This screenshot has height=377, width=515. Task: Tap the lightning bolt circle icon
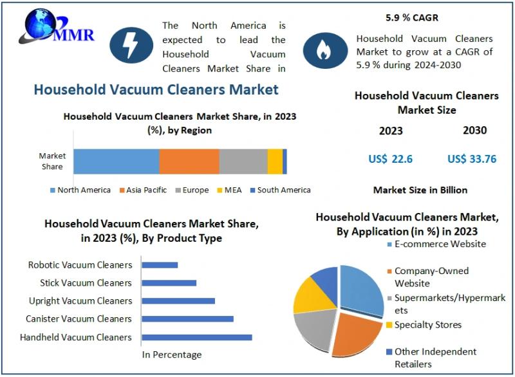[131, 44]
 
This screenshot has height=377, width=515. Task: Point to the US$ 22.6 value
[390, 159]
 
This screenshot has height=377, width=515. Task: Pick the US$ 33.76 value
[472, 159]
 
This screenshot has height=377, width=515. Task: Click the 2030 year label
[474, 131]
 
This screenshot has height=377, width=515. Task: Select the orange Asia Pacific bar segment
[189, 161]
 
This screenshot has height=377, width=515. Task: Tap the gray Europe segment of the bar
[243, 161]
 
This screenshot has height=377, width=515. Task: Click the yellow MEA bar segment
[275, 161]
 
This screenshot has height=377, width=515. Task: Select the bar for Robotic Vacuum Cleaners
[160, 265]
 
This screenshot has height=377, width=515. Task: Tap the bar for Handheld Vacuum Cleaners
[196, 337]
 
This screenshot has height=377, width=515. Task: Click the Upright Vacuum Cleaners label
[80, 301]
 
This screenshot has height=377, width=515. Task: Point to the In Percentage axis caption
[172, 354]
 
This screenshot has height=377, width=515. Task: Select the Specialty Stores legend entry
[427, 325]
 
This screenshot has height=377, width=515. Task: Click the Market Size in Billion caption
[420, 190]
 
